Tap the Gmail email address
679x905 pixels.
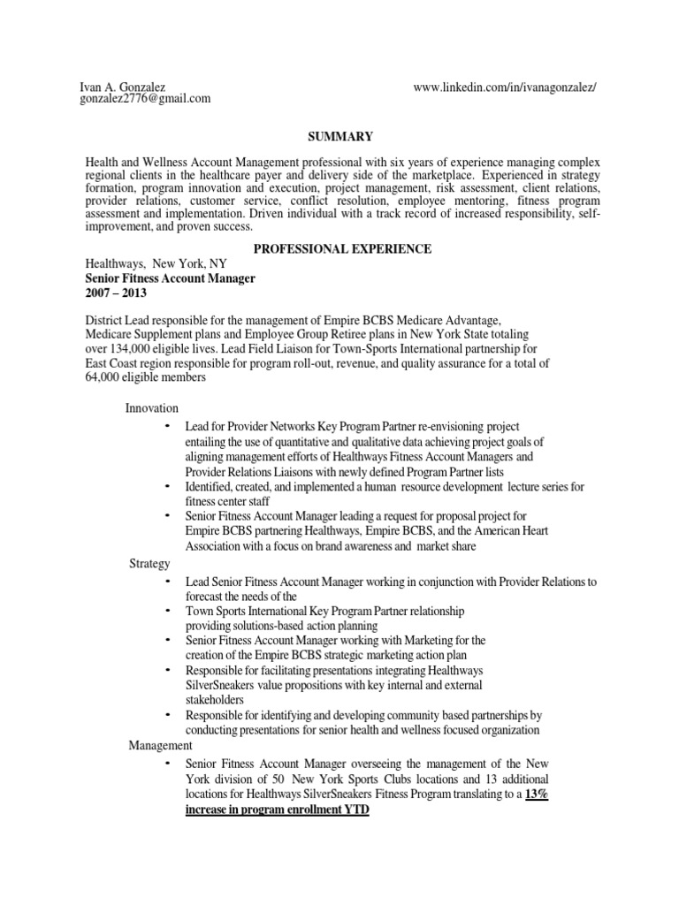point(146,99)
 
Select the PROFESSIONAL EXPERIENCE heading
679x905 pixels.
point(343,249)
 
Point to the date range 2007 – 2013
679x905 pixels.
point(116,293)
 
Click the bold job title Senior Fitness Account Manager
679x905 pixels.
point(170,278)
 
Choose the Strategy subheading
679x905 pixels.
point(149,563)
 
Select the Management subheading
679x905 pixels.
point(161,747)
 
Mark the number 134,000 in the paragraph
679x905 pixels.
point(132,348)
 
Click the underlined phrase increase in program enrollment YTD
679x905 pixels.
point(277,809)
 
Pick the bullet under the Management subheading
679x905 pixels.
point(168,763)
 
